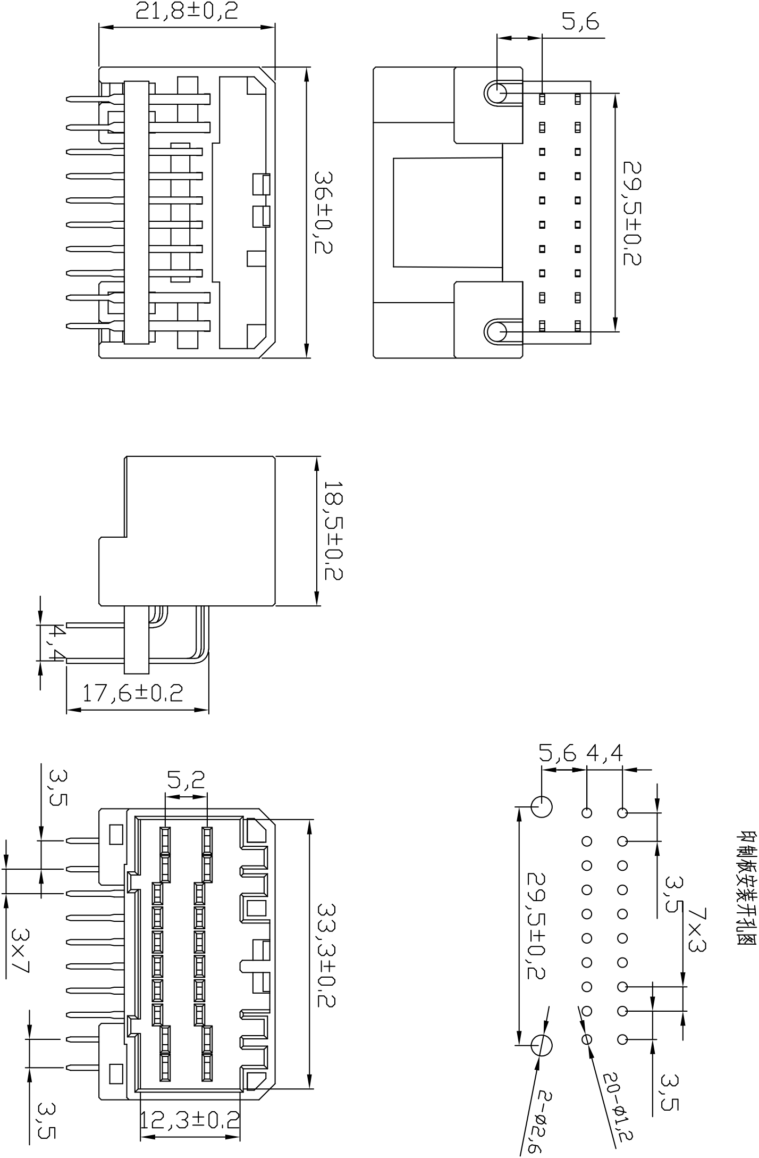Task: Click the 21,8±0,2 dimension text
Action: [x=187, y=11]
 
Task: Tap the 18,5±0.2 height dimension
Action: [x=333, y=531]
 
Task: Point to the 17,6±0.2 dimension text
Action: [x=133, y=693]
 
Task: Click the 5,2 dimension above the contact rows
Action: [x=186, y=780]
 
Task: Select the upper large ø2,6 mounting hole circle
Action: [x=542, y=807]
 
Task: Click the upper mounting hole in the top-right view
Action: [x=497, y=93]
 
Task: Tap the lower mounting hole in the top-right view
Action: [x=497, y=332]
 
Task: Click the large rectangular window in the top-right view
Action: [x=447, y=212]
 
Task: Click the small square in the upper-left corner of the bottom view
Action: [x=115, y=835]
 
